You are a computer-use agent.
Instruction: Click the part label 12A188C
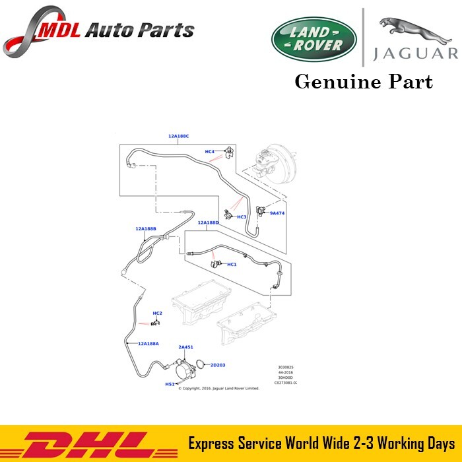point(178,136)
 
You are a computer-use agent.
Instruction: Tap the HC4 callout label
point(209,152)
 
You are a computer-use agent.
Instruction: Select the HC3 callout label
point(241,217)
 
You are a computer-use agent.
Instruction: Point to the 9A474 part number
point(277,213)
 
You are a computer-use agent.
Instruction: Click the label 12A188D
point(209,223)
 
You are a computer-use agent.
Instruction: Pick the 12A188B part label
point(145,228)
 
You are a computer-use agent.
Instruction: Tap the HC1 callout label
point(231,265)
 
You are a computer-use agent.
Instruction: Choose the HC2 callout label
point(157,313)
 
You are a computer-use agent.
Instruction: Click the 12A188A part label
point(148,344)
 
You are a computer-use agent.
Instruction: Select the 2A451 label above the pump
point(185,347)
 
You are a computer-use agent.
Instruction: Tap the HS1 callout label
point(170,384)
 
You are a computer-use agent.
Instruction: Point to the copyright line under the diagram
point(218,389)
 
